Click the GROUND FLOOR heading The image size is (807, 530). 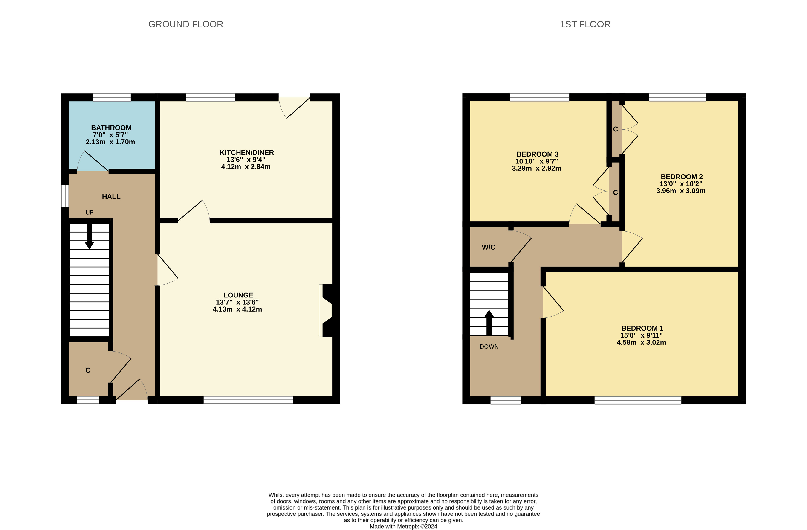coord(185,24)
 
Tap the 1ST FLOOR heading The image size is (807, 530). coord(585,24)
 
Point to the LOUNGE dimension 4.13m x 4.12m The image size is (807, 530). coord(237,309)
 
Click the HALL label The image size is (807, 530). coord(111,196)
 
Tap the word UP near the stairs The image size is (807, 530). coord(89,213)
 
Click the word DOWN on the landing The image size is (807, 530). coord(489,347)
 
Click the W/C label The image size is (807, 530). coord(488,247)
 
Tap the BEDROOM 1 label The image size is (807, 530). coord(642,328)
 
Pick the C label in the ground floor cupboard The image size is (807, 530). coord(88,370)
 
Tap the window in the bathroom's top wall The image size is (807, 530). coord(112,97)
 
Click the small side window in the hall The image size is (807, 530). coord(65,195)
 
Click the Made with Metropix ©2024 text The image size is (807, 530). coord(403,527)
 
